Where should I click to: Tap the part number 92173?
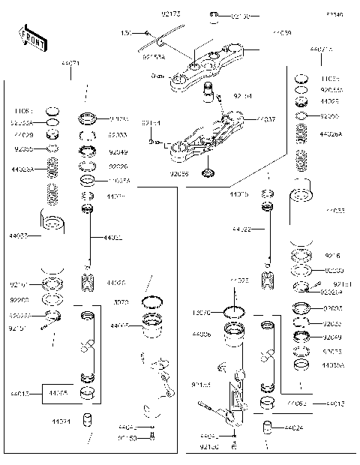(x=171, y=13)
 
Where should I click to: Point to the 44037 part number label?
(x=267, y=119)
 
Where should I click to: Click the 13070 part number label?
(x=202, y=311)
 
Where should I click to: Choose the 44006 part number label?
(x=202, y=333)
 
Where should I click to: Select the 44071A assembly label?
(x=321, y=49)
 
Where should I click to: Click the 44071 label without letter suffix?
(x=70, y=65)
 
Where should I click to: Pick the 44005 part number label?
(x=119, y=326)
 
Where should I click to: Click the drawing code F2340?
(x=334, y=14)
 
